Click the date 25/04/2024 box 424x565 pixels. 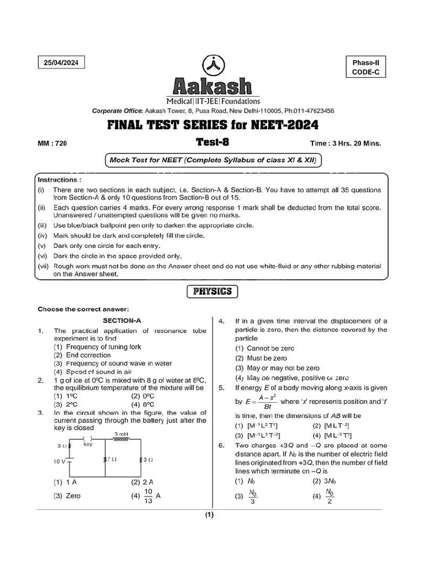[61, 63]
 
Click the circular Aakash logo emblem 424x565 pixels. [212, 66]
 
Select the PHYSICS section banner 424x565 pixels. [212, 291]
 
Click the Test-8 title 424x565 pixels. [213, 142]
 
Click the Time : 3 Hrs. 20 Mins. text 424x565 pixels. [346, 143]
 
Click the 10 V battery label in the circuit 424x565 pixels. [59, 461]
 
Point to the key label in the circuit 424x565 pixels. [87, 444]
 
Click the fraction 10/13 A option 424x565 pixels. [147, 495]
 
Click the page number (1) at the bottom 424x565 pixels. [210, 515]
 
